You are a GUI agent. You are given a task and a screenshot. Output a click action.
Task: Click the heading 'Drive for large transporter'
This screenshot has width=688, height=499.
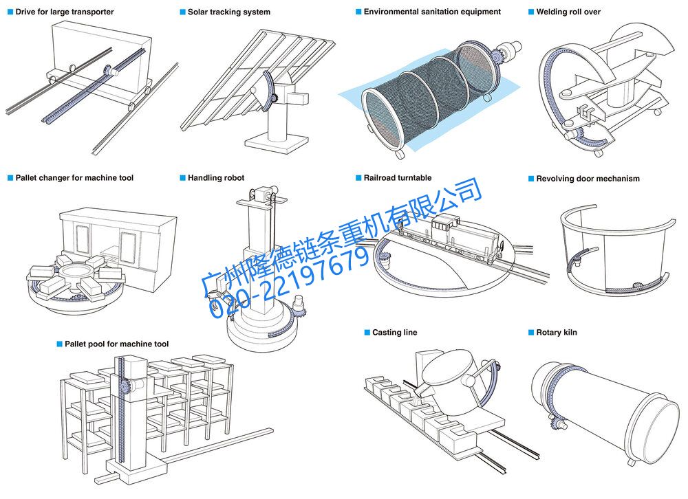pyautogui.click(x=65, y=12)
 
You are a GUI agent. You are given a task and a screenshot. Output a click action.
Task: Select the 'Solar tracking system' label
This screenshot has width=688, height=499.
pyautogui.click(x=228, y=12)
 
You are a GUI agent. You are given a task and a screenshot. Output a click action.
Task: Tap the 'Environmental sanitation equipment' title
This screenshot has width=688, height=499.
pyautogui.click(x=432, y=12)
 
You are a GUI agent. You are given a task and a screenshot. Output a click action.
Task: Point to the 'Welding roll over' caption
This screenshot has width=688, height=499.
pyautogui.click(x=568, y=12)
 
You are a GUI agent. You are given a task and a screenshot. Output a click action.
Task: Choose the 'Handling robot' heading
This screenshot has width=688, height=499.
pyautogui.click(x=216, y=178)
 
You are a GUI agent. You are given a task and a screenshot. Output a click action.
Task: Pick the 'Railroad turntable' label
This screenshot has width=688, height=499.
pyautogui.click(x=398, y=178)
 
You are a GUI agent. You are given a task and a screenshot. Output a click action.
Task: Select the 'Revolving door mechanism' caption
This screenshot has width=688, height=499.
pyautogui.click(x=588, y=179)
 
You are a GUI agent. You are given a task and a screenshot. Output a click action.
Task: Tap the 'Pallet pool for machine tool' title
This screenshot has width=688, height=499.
pyautogui.click(x=116, y=344)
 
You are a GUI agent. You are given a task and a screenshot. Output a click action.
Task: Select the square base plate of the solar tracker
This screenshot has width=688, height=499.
pyautogui.click(x=275, y=141)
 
